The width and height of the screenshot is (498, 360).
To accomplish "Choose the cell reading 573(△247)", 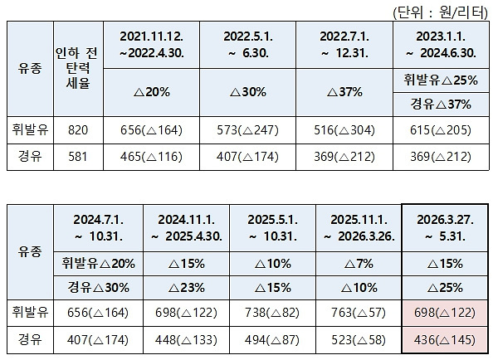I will [x=258, y=131].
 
